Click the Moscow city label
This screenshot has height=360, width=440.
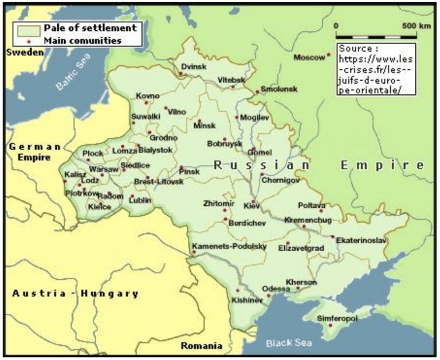(x=308, y=58)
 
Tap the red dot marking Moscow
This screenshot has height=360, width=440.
(x=328, y=55)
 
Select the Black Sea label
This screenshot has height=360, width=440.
(x=289, y=343)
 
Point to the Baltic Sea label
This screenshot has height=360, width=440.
(x=73, y=77)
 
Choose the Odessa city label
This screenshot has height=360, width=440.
(x=276, y=288)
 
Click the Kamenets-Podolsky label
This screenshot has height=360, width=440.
(x=229, y=246)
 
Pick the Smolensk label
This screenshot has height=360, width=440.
(x=279, y=90)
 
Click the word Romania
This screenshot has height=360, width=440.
(x=201, y=346)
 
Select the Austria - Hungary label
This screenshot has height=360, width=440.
(x=75, y=294)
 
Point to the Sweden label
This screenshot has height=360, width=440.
(x=25, y=52)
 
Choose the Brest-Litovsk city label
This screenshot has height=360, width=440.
(x=158, y=181)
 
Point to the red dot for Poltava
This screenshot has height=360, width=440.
(x=321, y=211)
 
